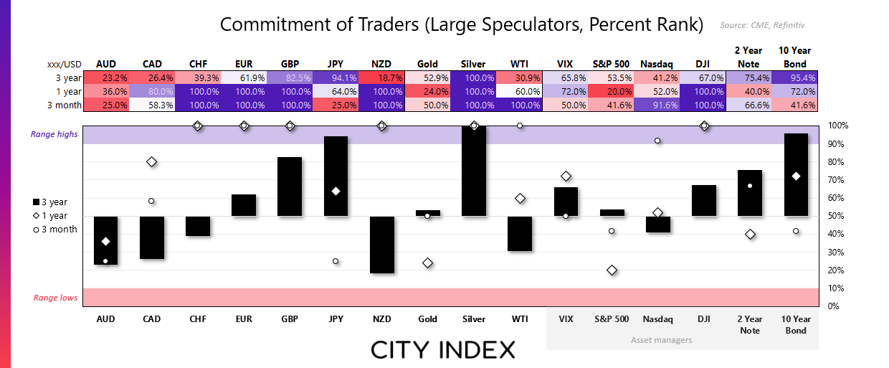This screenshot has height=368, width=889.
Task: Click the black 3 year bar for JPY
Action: tap(336, 176)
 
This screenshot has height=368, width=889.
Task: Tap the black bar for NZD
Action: tap(381, 245)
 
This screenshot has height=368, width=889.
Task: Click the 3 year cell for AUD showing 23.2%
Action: tap(105, 77)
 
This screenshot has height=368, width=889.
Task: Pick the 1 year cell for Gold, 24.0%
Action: tap(427, 91)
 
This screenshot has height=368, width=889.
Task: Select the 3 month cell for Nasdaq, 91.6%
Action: tap(658, 105)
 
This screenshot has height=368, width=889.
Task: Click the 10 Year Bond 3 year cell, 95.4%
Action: tap(796, 77)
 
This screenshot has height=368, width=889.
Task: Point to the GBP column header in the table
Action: tap(290, 64)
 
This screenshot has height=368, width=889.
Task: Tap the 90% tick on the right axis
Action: tap(837, 143)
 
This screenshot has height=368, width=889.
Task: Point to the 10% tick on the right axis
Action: tap(837, 288)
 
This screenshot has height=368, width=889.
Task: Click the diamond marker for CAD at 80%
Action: tap(151, 162)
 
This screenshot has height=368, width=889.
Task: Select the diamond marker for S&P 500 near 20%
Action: tap(612, 270)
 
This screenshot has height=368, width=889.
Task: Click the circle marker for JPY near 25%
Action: tap(336, 261)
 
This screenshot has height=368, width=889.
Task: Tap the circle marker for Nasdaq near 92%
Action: tap(658, 141)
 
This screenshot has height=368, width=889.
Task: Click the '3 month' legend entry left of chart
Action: tap(54, 230)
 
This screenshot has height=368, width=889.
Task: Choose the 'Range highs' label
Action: tap(52, 134)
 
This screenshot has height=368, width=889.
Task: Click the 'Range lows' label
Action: tap(55, 298)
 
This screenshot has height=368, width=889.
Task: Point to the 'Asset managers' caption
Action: tap(662, 339)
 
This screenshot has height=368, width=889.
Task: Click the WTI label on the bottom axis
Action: tap(520, 319)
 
